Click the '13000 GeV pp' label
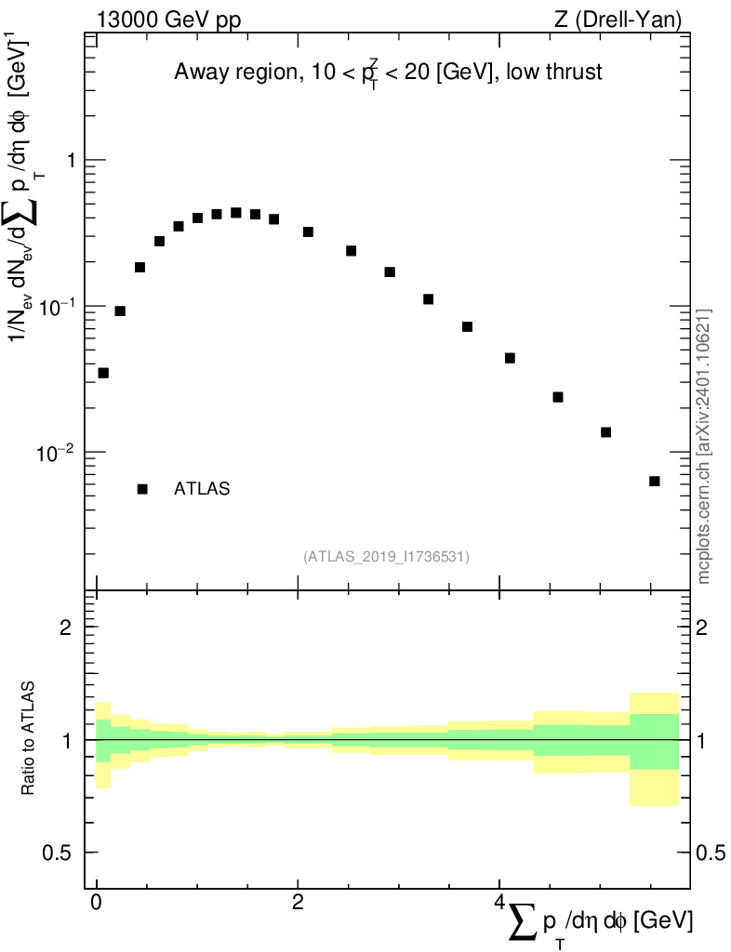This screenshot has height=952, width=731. click(x=166, y=18)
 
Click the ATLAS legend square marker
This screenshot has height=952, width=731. click(x=143, y=489)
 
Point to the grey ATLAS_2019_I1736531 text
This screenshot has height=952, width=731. click(x=386, y=557)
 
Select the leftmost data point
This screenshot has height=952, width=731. click(x=103, y=373)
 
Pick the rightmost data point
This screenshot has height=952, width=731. click(x=655, y=481)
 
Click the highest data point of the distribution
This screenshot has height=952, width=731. click(x=236, y=213)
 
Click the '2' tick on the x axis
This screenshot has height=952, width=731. click(x=298, y=903)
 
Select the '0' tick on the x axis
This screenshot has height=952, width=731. click(x=97, y=903)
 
